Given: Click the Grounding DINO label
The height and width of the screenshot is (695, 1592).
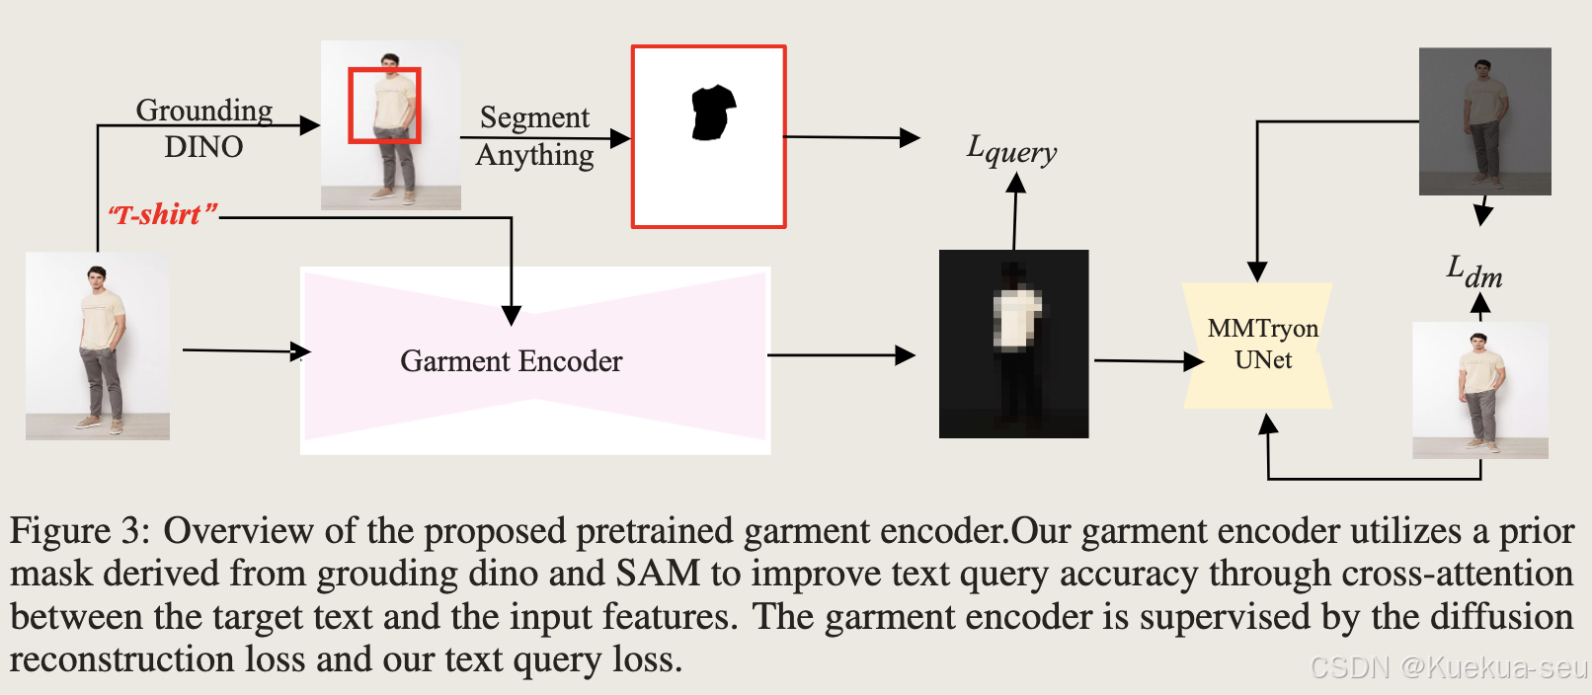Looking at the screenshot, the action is (203, 128).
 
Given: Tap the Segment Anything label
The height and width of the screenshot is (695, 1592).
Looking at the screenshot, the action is (534, 136).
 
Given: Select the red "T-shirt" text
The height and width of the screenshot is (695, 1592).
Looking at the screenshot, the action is (163, 214).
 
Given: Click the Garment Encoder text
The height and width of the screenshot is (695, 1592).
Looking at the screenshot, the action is (511, 361).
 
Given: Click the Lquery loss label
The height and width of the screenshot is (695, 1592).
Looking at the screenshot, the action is (1011, 150).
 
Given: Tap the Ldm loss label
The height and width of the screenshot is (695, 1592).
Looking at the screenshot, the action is (1474, 271).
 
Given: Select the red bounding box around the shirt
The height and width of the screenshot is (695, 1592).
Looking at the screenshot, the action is (384, 105).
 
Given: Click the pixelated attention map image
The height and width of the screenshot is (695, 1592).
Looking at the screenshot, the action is (1013, 343).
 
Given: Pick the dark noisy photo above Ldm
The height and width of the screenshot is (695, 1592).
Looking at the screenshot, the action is (1484, 120).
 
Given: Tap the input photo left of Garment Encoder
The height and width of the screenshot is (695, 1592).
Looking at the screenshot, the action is (98, 346).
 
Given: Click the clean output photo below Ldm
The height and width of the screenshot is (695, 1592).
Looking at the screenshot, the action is (1479, 390).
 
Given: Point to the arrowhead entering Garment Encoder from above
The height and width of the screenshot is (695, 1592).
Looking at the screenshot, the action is (511, 315).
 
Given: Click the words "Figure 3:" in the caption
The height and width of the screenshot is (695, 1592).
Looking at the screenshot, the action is (79, 531).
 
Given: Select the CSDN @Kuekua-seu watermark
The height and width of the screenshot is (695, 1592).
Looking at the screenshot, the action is (1448, 667).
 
